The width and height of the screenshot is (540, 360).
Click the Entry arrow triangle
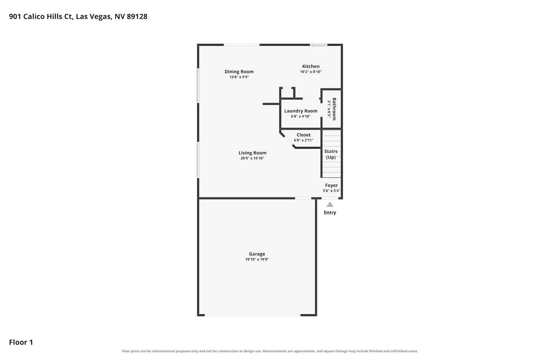pos(330,205)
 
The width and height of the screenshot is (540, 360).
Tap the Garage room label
pos(257,254)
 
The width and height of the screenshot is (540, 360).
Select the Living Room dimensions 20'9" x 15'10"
pos(252,158)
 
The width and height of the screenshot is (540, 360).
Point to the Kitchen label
pos(311,66)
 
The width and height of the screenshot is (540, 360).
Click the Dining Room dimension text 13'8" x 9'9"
pos(239,77)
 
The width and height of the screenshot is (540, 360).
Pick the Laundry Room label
pos(301,111)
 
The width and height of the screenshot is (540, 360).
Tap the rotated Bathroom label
pos(334,109)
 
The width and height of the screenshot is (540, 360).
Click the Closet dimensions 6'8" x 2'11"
pos(303,140)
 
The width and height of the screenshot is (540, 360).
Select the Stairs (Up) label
pos(331,154)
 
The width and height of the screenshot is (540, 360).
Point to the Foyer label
pos(332,185)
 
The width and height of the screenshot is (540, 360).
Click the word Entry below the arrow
pos(330,212)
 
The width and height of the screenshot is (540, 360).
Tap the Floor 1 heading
pos(21,342)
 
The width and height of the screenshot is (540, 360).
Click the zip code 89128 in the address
pos(137,17)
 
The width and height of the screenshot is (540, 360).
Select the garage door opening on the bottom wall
pos(252,315)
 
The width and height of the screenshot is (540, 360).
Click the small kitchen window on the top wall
pos(319,45)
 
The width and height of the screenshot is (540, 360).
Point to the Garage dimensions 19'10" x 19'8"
pos(257,259)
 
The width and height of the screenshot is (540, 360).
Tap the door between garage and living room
pos(303,198)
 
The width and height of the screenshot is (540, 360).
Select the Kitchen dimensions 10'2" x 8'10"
pos(311,72)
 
